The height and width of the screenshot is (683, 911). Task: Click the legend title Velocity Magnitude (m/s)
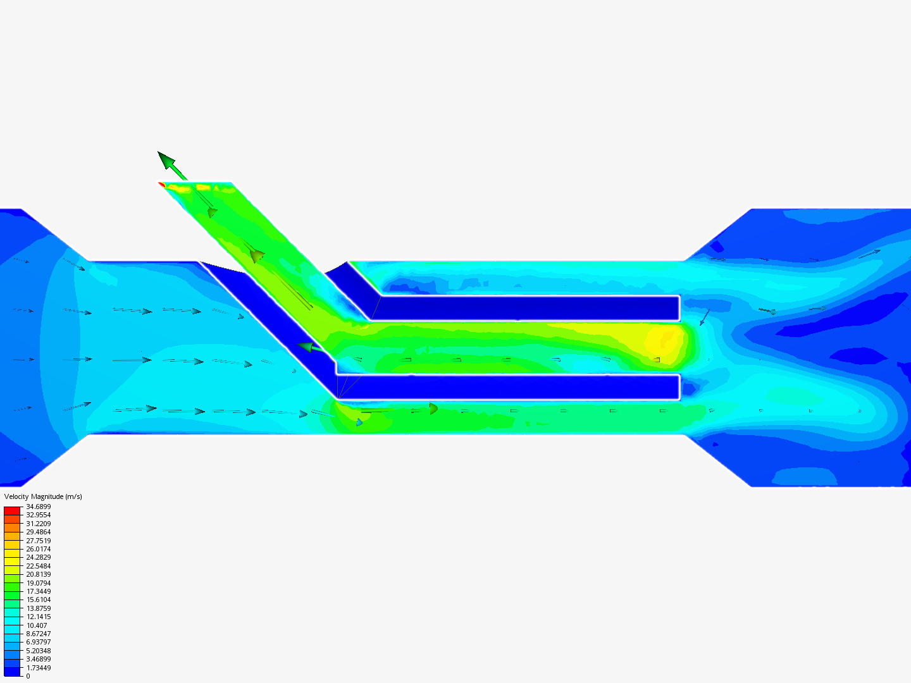[43, 496]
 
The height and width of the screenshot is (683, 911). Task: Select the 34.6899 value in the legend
[38, 507]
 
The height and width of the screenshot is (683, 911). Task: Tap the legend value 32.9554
[38, 515]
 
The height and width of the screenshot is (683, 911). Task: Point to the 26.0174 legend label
[38, 549]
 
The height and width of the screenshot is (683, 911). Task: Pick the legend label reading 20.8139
[38, 574]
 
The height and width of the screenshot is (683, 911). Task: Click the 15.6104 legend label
[38, 600]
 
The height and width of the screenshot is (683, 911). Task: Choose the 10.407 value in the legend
[37, 625]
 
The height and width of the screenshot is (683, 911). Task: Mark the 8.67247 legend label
[38, 634]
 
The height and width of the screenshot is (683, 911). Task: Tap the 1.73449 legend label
[38, 668]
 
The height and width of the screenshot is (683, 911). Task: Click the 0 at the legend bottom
[28, 676]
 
